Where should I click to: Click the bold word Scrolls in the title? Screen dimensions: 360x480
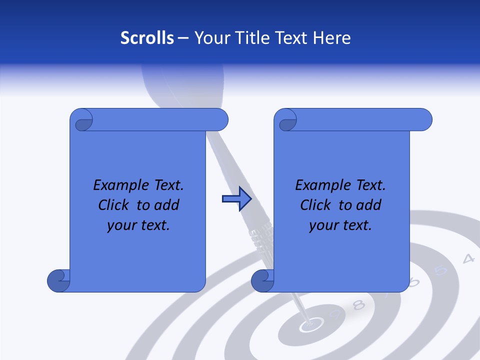[x=147, y=38]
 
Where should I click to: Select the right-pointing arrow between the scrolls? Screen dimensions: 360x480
[x=236, y=199]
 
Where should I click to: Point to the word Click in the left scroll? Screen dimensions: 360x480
[x=114, y=205]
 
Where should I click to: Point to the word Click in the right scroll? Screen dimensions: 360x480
[x=316, y=205]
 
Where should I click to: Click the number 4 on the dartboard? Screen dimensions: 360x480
[x=468, y=259]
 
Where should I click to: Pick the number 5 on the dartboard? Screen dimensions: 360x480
[x=440, y=270]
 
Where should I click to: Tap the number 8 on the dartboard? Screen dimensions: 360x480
[x=358, y=304]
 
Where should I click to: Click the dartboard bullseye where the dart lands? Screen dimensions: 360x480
[x=309, y=326]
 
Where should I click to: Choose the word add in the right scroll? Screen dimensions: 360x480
[x=368, y=205]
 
